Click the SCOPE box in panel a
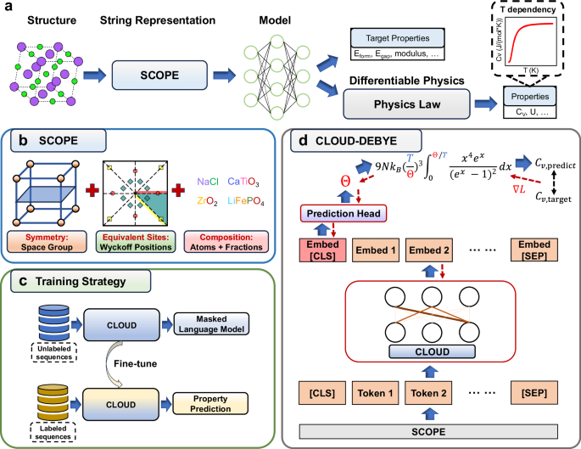159,76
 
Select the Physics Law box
406,104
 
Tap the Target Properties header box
398,38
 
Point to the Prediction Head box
344,214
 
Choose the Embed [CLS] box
322,250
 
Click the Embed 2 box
428,250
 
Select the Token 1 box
376,393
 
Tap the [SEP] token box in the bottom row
534,393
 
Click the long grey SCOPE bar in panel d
428,431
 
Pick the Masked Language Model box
211,324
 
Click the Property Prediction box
210,403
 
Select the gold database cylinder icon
53,402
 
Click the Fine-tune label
135,364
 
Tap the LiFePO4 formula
246,201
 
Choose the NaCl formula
208,182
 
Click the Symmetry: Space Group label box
47,242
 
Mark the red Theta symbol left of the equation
345,182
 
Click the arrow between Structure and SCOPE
94,76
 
